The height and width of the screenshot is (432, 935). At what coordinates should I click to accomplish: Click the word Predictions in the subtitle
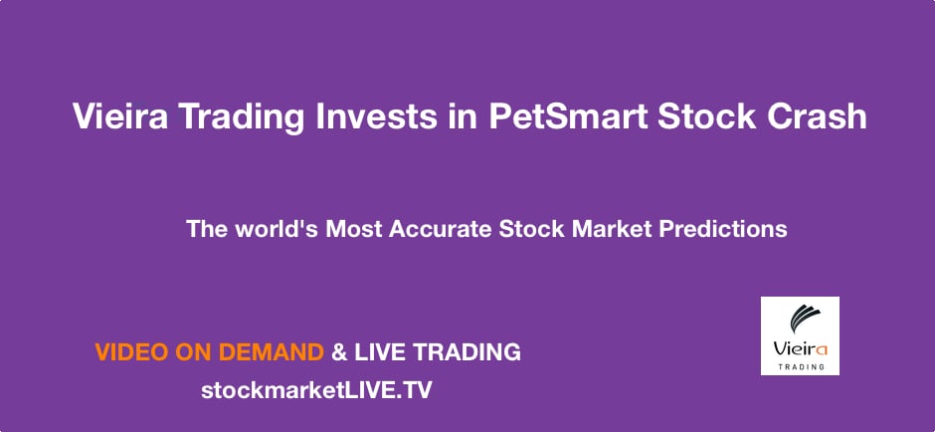click(x=722, y=229)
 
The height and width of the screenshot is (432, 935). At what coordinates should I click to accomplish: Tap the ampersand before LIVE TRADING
click(x=339, y=351)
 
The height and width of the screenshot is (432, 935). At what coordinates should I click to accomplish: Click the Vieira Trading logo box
click(x=800, y=335)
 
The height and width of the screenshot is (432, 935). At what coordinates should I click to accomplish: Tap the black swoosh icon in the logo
click(x=800, y=321)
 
